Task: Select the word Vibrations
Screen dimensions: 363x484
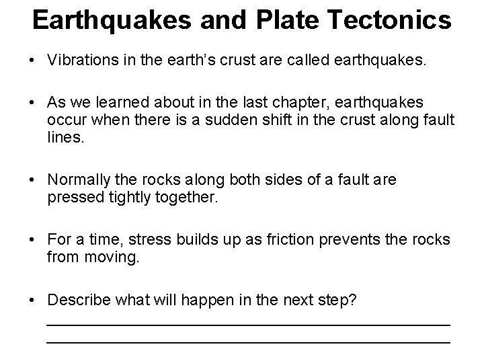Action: coord(79,61)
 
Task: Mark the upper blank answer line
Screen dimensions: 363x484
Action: coord(247,325)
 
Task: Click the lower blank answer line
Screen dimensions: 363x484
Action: coord(247,342)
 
